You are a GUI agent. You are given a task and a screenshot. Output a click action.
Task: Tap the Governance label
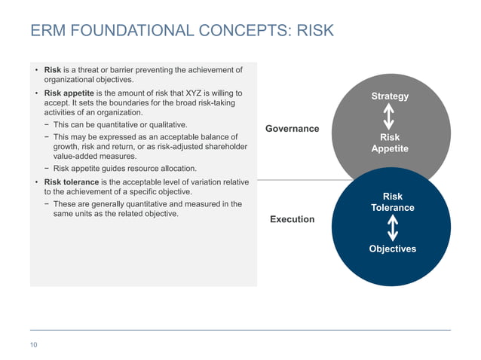(x=292, y=129)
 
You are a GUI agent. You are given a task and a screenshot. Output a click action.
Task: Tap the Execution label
(x=292, y=219)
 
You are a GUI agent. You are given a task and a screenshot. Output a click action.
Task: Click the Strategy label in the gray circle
(x=390, y=96)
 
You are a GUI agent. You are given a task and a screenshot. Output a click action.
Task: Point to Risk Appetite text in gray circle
(x=390, y=143)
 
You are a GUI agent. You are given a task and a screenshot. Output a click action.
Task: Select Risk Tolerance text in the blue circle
(x=393, y=202)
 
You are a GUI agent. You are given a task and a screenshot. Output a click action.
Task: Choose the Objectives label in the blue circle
(x=392, y=249)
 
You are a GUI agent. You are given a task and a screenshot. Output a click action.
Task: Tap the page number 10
(x=34, y=345)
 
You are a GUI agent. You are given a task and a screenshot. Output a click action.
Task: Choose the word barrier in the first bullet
(x=133, y=70)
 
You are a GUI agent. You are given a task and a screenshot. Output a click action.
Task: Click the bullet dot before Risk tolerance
(x=35, y=182)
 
